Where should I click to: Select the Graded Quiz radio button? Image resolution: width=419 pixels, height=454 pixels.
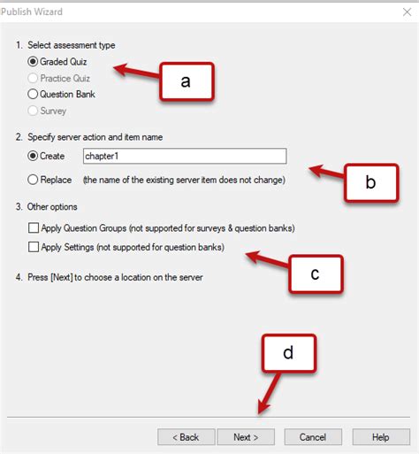(x=34, y=62)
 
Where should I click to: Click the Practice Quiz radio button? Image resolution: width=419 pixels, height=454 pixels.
(x=34, y=78)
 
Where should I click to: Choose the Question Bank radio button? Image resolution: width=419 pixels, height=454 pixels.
(x=34, y=94)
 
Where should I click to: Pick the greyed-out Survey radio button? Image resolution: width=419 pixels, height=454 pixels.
(x=34, y=111)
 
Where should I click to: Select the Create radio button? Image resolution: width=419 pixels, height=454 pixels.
(x=34, y=156)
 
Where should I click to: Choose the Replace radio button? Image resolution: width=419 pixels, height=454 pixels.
(x=34, y=180)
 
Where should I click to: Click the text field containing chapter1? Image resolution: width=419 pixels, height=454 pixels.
(x=183, y=156)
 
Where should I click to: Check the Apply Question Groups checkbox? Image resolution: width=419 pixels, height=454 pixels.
(x=34, y=228)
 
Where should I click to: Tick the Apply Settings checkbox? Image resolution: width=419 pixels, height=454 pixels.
(x=34, y=246)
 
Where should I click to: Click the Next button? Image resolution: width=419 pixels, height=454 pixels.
(x=246, y=437)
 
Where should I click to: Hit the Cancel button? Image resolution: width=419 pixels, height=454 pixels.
(x=313, y=437)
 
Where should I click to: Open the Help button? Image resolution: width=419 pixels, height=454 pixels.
(x=380, y=437)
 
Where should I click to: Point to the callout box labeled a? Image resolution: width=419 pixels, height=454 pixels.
(x=186, y=81)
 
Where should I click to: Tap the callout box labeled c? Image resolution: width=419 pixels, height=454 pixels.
(x=315, y=273)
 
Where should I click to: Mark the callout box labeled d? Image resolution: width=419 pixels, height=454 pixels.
(x=288, y=353)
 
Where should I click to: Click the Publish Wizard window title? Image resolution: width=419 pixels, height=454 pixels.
(x=31, y=12)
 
